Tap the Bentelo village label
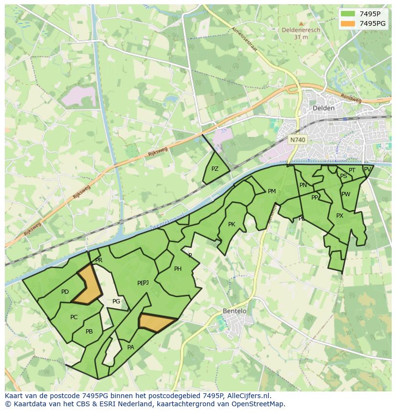point(235,311)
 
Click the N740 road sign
point(297,140)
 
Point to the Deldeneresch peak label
point(301,30)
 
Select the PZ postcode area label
point(215,169)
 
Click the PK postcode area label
point(231,224)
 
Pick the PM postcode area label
point(272,191)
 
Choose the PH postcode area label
point(177,269)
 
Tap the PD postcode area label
point(65,292)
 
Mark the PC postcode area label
point(74,317)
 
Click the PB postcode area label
point(89,332)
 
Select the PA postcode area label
point(131,347)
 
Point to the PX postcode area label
point(340,216)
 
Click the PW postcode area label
point(346,194)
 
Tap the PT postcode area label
point(352,170)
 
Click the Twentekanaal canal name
point(167,222)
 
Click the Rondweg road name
point(351,97)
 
